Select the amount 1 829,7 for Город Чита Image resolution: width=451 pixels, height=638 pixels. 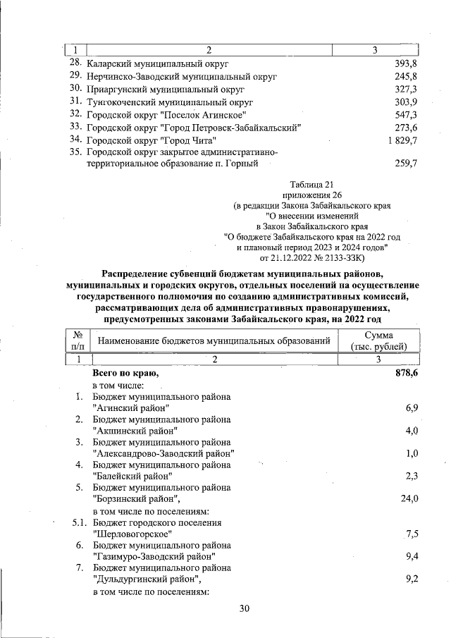click(402, 140)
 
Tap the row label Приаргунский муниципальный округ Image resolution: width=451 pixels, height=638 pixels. click(165, 90)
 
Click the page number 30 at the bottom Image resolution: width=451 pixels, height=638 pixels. click(245, 608)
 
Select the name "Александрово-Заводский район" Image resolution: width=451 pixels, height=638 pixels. click(163, 453)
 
